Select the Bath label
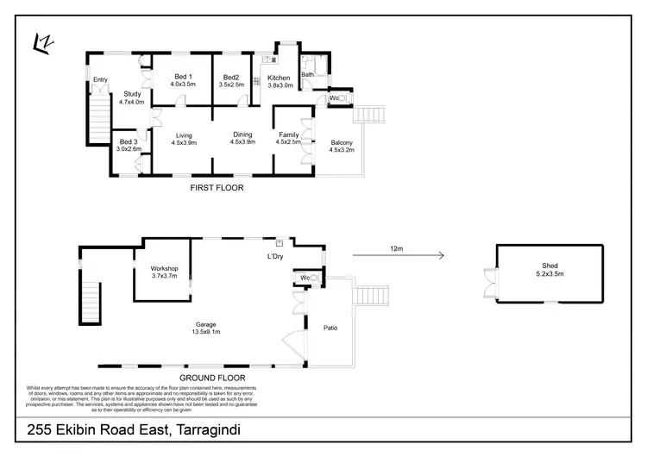pyautogui.click(x=307, y=75)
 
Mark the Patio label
pyautogui.click(x=330, y=328)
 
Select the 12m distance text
pyautogui.click(x=397, y=248)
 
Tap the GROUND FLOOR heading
pyautogui.click(x=211, y=378)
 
